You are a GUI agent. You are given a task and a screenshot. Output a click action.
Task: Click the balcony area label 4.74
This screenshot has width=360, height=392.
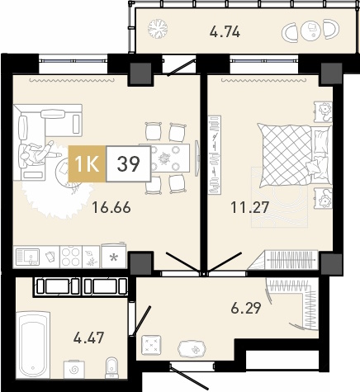[225, 32]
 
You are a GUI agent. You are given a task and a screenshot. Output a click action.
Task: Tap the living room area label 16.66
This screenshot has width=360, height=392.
[111, 207]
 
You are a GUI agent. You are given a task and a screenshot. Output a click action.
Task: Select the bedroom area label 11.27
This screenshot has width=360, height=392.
[249, 207]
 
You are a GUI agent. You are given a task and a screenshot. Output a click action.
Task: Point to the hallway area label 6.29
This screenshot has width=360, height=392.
[246, 308]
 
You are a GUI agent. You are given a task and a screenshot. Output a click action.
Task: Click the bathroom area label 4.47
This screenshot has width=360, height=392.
[88, 338]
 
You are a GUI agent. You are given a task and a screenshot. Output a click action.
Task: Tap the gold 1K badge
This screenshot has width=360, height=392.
[87, 164]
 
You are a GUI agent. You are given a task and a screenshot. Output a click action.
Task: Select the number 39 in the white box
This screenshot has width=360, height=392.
[129, 164]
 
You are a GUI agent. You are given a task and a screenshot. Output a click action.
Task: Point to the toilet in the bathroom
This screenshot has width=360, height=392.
[111, 367]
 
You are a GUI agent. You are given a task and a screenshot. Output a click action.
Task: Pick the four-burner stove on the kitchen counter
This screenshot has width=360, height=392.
[71, 257]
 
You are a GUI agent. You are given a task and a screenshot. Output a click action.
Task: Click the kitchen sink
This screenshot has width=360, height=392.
[27, 257]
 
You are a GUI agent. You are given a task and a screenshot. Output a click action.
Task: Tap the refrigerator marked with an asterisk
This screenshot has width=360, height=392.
[113, 256]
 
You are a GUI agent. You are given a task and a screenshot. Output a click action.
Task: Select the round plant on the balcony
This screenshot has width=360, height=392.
[158, 28]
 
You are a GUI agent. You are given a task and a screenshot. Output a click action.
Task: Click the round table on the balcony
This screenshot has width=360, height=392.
[310, 30]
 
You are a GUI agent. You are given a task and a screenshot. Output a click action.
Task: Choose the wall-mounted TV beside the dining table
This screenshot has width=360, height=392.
[197, 158]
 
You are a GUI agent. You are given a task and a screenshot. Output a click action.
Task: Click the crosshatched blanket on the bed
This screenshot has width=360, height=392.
[287, 155]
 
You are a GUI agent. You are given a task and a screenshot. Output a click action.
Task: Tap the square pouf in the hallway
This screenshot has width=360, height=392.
[151, 345]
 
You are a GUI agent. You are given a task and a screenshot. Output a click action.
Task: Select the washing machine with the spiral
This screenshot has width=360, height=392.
[74, 370]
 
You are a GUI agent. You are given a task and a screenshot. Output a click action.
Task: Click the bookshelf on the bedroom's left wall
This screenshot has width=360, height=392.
[215, 155]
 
